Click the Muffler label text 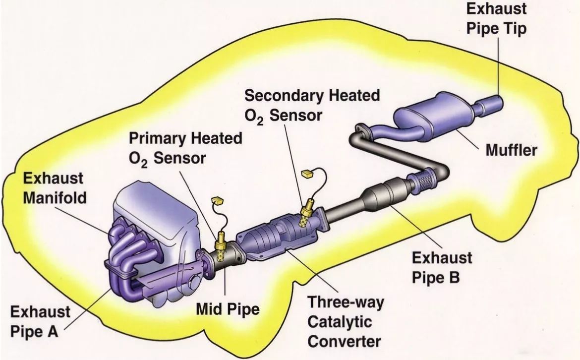tap(511, 150)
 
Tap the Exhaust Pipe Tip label tap(496, 18)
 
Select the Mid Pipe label tap(228, 309)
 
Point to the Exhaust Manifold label tap(55, 188)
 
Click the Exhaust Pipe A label tap(40, 321)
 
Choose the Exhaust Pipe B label tap(442, 267)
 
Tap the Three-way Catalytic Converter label tap(346, 321)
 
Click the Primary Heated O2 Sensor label tap(185, 148)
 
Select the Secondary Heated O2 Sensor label tap(312, 105)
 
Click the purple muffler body tap(435, 117)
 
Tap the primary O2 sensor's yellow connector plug tap(218, 200)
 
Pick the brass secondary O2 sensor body tap(306, 214)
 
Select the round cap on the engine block tap(194, 284)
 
